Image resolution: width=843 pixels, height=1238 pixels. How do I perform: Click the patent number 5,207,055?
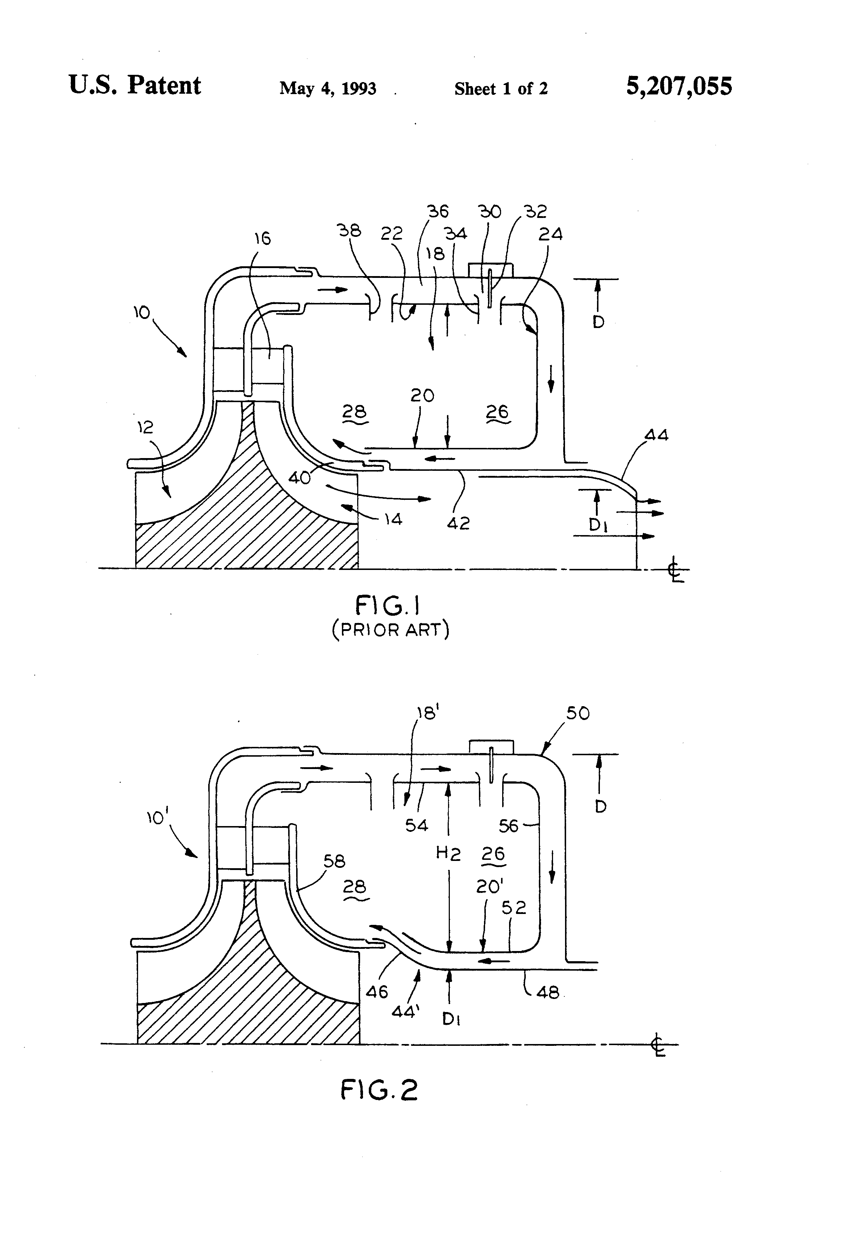(x=679, y=86)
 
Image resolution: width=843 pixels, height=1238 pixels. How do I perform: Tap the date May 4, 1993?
(x=328, y=88)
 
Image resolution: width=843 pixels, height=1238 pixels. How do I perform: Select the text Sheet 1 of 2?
(x=501, y=88)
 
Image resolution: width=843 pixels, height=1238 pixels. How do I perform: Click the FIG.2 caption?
(x=379, y=1089)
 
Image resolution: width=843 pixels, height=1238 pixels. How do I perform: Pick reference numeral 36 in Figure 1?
(x=438, y=211)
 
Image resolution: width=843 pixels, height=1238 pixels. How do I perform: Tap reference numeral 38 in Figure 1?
(x=350, y=230)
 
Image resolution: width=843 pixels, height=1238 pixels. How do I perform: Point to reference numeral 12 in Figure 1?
(x=145, y=427)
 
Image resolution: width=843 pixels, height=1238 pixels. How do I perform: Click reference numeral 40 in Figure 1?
(x=299, y=478)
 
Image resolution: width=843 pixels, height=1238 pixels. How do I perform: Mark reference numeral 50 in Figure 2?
(x=578, y=713)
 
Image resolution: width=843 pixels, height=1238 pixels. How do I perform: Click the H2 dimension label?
(x=448, y=854)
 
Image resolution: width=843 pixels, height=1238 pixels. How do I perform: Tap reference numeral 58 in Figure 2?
(x=334, y=861)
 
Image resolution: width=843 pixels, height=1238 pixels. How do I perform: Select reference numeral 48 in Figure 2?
(x=548, y=992)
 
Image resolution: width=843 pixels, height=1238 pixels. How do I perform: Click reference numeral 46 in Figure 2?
(x=377, y=992)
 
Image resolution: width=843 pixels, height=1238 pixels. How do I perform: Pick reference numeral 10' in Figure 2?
(x=156, y=818)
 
